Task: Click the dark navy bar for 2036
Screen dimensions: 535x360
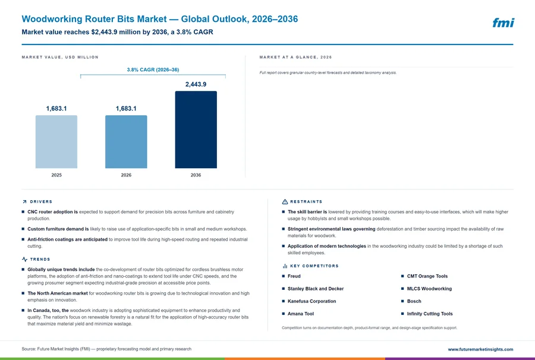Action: (x=196, y=130)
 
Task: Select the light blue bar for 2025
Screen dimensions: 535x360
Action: (x=56, y=142)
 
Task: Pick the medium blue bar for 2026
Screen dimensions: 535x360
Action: (x=126, y=142)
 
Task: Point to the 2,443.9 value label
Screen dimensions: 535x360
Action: (x=196, y=84)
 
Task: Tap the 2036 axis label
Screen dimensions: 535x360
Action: (x=196, y=175)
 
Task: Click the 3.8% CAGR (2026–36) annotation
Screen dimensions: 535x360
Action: (x=153, y=70)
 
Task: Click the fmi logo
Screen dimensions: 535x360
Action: (x=503, y=23)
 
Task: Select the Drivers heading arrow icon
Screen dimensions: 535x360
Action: (x=24, y=202)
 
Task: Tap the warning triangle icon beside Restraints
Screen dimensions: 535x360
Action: (x=285, y=202)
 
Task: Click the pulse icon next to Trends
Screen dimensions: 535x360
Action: (x=24, y=260)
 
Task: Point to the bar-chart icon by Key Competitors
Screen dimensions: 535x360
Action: (x=285, y=266)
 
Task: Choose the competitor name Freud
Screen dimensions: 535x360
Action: (x=294, y=276)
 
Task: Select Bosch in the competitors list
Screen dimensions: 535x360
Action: (x=414, y=301)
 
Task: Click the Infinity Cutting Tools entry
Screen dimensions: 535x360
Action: (x=430, y=314)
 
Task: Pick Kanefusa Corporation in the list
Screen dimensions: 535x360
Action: (x=312, y=301)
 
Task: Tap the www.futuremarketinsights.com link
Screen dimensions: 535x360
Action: (x=480, y=349)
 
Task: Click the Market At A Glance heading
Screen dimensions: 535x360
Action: (x=295, y=57)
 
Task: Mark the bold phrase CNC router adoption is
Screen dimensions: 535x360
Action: (x=52, y=211)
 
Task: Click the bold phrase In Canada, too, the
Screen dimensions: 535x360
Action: (x=48, y=311)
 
